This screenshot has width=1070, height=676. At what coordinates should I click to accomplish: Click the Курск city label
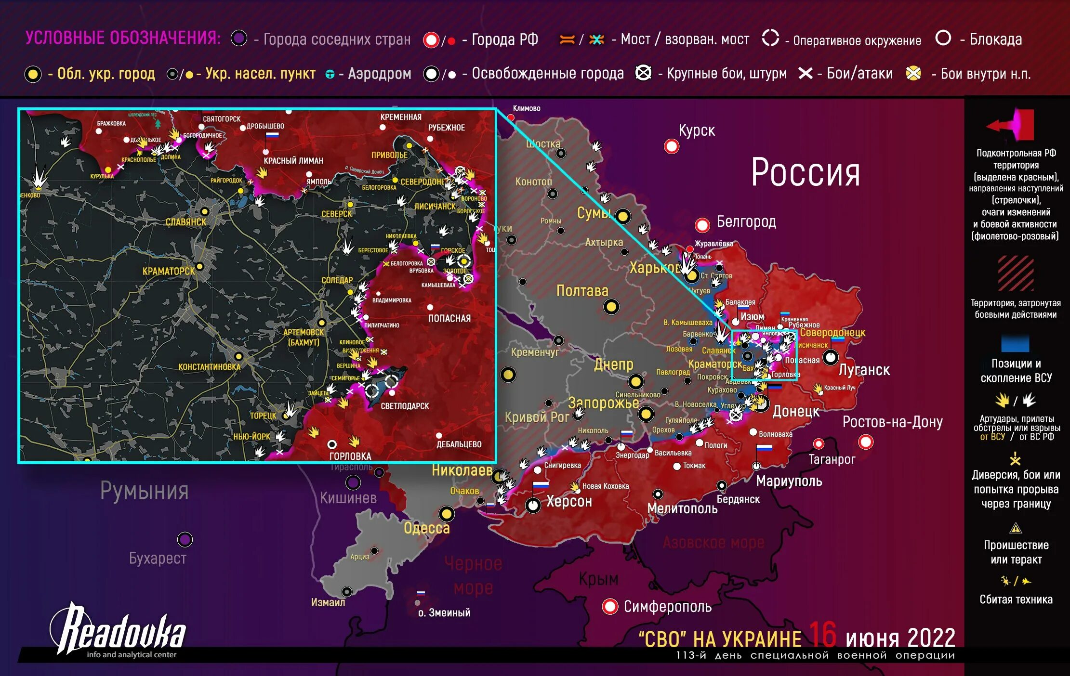pos(696,130)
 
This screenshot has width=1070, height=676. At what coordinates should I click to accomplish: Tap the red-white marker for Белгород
pos(702,225)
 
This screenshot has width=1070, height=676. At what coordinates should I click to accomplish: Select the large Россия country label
pos(806,172)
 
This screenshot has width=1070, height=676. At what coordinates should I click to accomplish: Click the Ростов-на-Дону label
pos(892,422)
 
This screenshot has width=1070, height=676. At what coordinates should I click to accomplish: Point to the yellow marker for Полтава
pos(611,307)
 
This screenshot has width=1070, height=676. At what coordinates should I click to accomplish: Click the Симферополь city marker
pos(610,606)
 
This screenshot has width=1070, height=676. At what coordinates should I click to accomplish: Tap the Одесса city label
pos(426,528)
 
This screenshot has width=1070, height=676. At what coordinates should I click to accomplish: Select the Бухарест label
pos(158,558)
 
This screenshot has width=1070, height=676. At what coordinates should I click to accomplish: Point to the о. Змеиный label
pos(444,613)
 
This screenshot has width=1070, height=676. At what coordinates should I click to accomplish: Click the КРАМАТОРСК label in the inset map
pos(169,272)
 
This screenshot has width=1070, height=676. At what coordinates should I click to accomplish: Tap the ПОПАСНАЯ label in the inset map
pos(449,318)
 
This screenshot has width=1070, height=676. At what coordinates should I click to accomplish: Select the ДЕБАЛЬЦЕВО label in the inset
pos(459,444)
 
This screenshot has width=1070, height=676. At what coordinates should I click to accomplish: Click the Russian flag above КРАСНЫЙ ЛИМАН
pos(272,136)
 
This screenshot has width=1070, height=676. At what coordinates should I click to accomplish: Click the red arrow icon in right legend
pos(1010,125)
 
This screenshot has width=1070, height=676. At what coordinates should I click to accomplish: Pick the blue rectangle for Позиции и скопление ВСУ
pos(1015,343)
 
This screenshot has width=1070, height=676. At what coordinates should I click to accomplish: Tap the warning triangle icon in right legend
pos(1015,529)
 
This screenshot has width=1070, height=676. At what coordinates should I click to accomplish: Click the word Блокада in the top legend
pos(995,39)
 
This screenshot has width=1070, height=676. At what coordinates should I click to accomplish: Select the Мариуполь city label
pos(789,481)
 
